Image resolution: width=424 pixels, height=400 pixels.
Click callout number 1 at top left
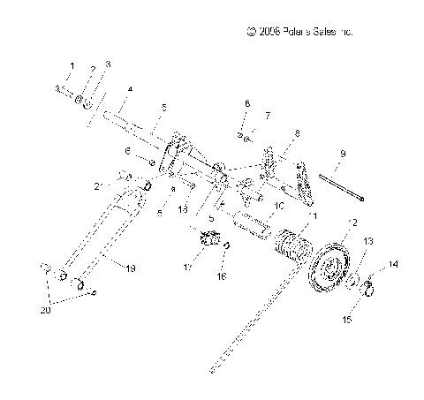coord(72,66)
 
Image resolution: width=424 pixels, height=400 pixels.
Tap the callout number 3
coord(108,64)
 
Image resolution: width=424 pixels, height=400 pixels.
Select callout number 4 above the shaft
coord(129,89)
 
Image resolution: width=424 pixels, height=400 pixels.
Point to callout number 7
coord(257,116)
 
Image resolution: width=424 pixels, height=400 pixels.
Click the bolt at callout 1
coord(64,88)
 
